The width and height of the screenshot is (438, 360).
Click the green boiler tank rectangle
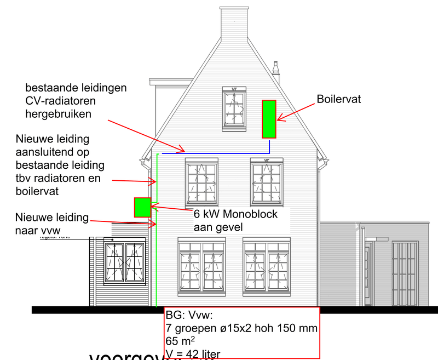click(x=269, y=119)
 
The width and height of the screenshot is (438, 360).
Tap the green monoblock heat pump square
click(x=142, y=207)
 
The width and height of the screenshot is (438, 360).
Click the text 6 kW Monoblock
click(x=235, y=214)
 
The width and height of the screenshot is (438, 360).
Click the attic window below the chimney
click(x=234, y=108)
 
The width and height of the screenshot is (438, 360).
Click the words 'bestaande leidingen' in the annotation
click(x=76, y=88)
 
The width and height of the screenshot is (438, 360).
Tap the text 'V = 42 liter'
click(x=192, y=353)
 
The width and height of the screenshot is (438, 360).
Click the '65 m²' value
click(x=178, y=341)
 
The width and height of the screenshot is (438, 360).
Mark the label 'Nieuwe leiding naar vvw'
click(x=52, y=224)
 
